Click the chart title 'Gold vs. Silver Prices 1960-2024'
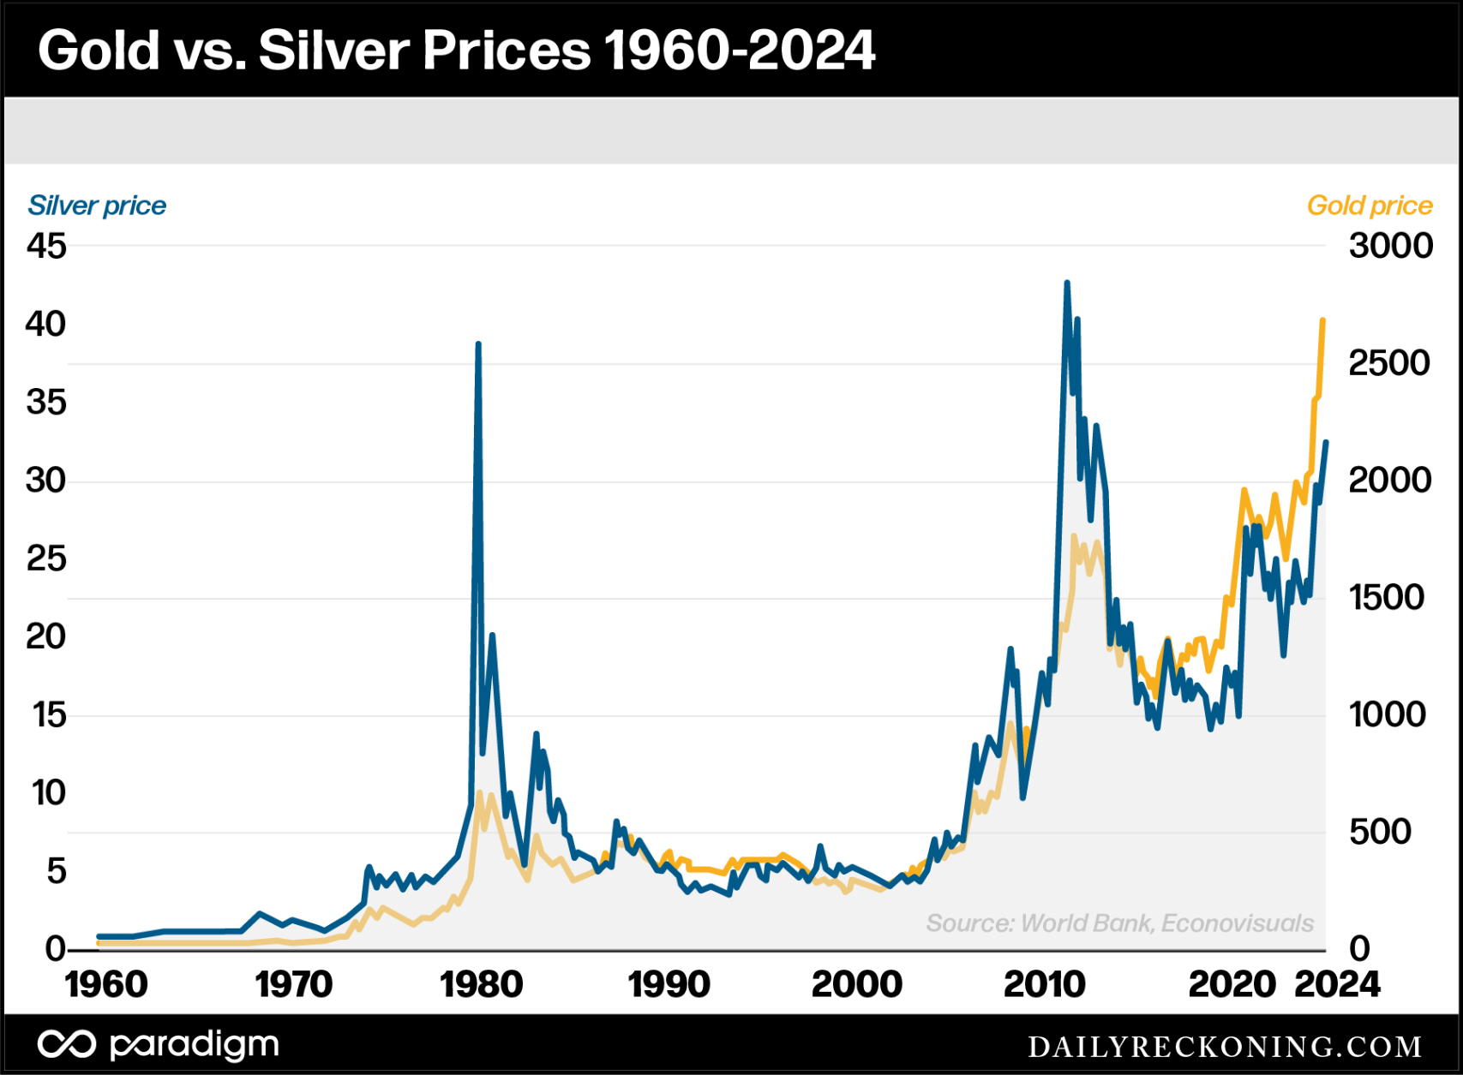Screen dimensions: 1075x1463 point(456,50)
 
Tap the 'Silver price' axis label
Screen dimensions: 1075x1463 point(97,206)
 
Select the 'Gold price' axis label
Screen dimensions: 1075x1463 point(1369,206)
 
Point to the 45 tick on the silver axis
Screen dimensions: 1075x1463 point(46,247)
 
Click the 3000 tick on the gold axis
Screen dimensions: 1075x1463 point(1390,247)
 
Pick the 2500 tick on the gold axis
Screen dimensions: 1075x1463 point(1388,363)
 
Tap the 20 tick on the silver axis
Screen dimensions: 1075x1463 point(46,636)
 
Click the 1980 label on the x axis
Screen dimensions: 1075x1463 point(481,984)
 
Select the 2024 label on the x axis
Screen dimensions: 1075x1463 point(1336,984)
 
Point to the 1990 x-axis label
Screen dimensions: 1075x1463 point(669,984)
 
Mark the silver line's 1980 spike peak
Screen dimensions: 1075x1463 point(478,344)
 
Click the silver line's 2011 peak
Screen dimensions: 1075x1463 point(1067,283)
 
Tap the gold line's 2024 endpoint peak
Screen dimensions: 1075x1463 point(1323,320)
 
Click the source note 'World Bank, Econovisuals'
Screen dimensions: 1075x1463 point(1119,923)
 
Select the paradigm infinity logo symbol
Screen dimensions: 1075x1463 point(66,1044)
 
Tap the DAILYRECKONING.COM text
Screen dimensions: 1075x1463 point(1225,1046)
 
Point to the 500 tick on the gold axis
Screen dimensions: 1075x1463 point(1380,831)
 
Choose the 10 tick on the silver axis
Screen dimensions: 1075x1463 point(49,793)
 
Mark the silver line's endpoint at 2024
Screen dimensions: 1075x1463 point(1326,442)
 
